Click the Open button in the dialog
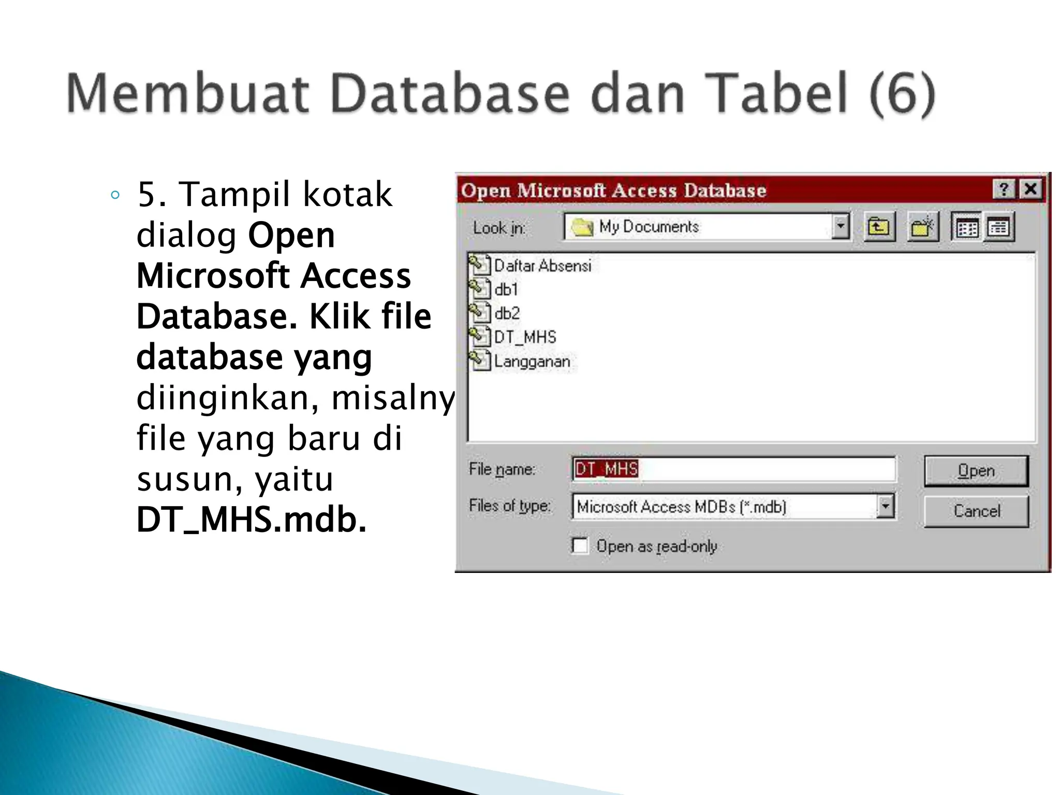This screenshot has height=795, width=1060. pyautogui.click(x=976, y=470)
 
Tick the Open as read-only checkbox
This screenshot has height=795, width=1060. pyautogui.click(x=580, y=546)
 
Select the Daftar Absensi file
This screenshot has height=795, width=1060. pyautogui.click(x=542, y=266)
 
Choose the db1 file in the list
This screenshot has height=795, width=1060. pyautogui.click(x=506, y=289)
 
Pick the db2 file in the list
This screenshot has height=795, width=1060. pyautogui.click(x=506, y=313)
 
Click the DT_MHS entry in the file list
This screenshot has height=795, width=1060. pyautogui.click(x=524, y=337)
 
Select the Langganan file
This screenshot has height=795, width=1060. pyautogui.click(x=532, y=361)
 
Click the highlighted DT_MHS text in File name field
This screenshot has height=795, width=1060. pyautogui.click(x=606, y=469)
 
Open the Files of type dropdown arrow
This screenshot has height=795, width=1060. pyautogui.click(x=886, y=506)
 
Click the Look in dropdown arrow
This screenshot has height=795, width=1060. pyautogui.click(x=841, y=227)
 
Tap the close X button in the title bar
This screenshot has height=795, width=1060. pyautogui.click(x=1030, y=189)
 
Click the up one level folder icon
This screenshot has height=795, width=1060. pyautogui.click(x=879, y=227)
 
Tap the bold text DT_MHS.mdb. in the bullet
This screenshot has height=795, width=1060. pyautogui.click(x=252, y=519)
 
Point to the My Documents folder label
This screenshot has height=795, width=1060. pyautogui.click(x=649, y=227)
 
